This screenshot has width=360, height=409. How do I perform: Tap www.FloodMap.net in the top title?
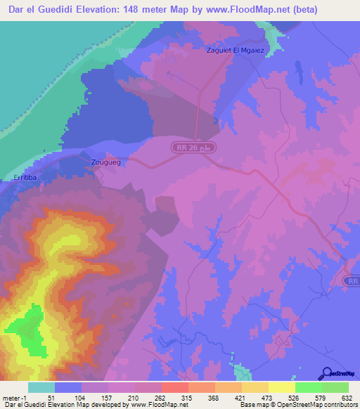pos(247,10)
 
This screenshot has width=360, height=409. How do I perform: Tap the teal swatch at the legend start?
pos(41,387)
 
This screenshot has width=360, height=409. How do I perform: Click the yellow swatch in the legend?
pos(281,387)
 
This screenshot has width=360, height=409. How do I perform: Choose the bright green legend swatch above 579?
pos(308,387)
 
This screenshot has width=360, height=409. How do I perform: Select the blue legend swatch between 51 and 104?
pos(67,387)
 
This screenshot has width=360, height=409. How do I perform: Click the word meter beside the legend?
pos(11,397)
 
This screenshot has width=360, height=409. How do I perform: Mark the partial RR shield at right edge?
pos(352,280)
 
